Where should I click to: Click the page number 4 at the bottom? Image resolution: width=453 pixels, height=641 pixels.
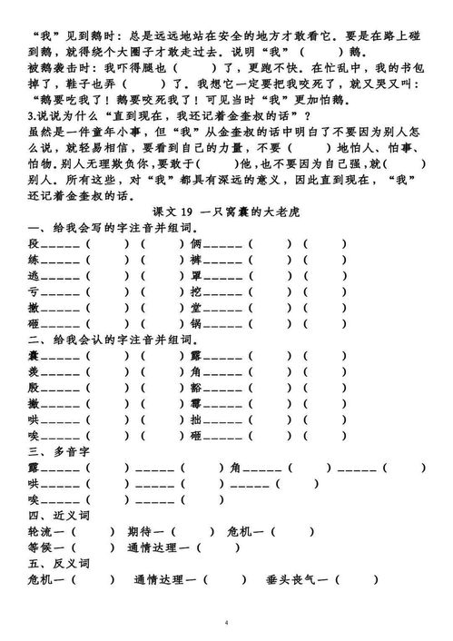[x=226, y=624]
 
